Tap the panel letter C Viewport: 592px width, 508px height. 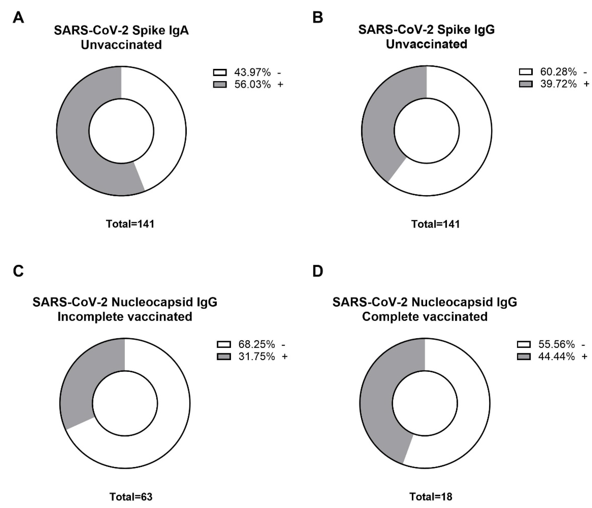pos(18,270)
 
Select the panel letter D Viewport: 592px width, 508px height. pos(318,270)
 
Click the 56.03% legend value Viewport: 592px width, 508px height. pos(252,85)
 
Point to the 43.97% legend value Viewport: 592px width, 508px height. pos(252,73)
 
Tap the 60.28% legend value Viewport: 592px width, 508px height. pos(558,72)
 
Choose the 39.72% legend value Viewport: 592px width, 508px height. pos(558,84)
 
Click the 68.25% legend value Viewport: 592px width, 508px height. pos(256,344)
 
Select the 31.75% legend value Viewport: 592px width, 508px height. pos(256,357)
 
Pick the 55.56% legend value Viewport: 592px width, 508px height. pos(556,344)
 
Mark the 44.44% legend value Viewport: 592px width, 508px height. pos(556,357)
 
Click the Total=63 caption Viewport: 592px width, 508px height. pos(131,497)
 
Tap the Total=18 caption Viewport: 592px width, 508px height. pos(431,497)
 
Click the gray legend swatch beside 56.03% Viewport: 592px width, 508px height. pos(220,85)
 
